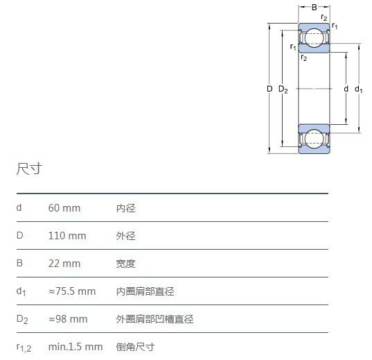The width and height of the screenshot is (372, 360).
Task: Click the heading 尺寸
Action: [x=29, y=169]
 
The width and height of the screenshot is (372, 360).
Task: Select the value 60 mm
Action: [x=64, y=208]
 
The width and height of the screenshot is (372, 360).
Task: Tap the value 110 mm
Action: [x=67, y=236]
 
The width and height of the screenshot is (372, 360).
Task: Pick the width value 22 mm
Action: [x=64, y=264]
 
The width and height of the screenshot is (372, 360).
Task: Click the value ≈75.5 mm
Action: [x=72, y=291]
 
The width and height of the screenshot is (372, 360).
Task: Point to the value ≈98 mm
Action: [x=68, y=319]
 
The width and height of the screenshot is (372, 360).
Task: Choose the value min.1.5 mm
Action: [x=76, y=347]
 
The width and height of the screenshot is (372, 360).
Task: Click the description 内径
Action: [x=126, y=208]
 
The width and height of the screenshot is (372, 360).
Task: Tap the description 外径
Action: [x=126, y=236]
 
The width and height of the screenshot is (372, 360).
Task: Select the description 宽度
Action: [x=126, y=264]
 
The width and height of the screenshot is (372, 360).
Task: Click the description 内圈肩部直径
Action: [x=145, y=291]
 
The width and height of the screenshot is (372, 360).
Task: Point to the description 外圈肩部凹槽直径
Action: [x=155, y=319]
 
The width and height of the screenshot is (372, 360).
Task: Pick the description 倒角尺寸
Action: [x=136, y=348]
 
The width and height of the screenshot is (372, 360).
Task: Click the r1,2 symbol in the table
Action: [x=24, y=348]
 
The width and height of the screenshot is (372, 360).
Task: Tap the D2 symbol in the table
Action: [x=22, y=319]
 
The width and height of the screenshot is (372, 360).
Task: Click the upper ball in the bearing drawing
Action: [x=314, y=37]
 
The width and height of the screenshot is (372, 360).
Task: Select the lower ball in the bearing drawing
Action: [x=314, y=139]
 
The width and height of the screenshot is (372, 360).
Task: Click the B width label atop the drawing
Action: [x=314, y=8]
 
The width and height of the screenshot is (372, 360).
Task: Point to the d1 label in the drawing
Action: [x=358, y=89]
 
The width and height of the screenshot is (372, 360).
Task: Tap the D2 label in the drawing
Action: [x=283, y=89]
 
